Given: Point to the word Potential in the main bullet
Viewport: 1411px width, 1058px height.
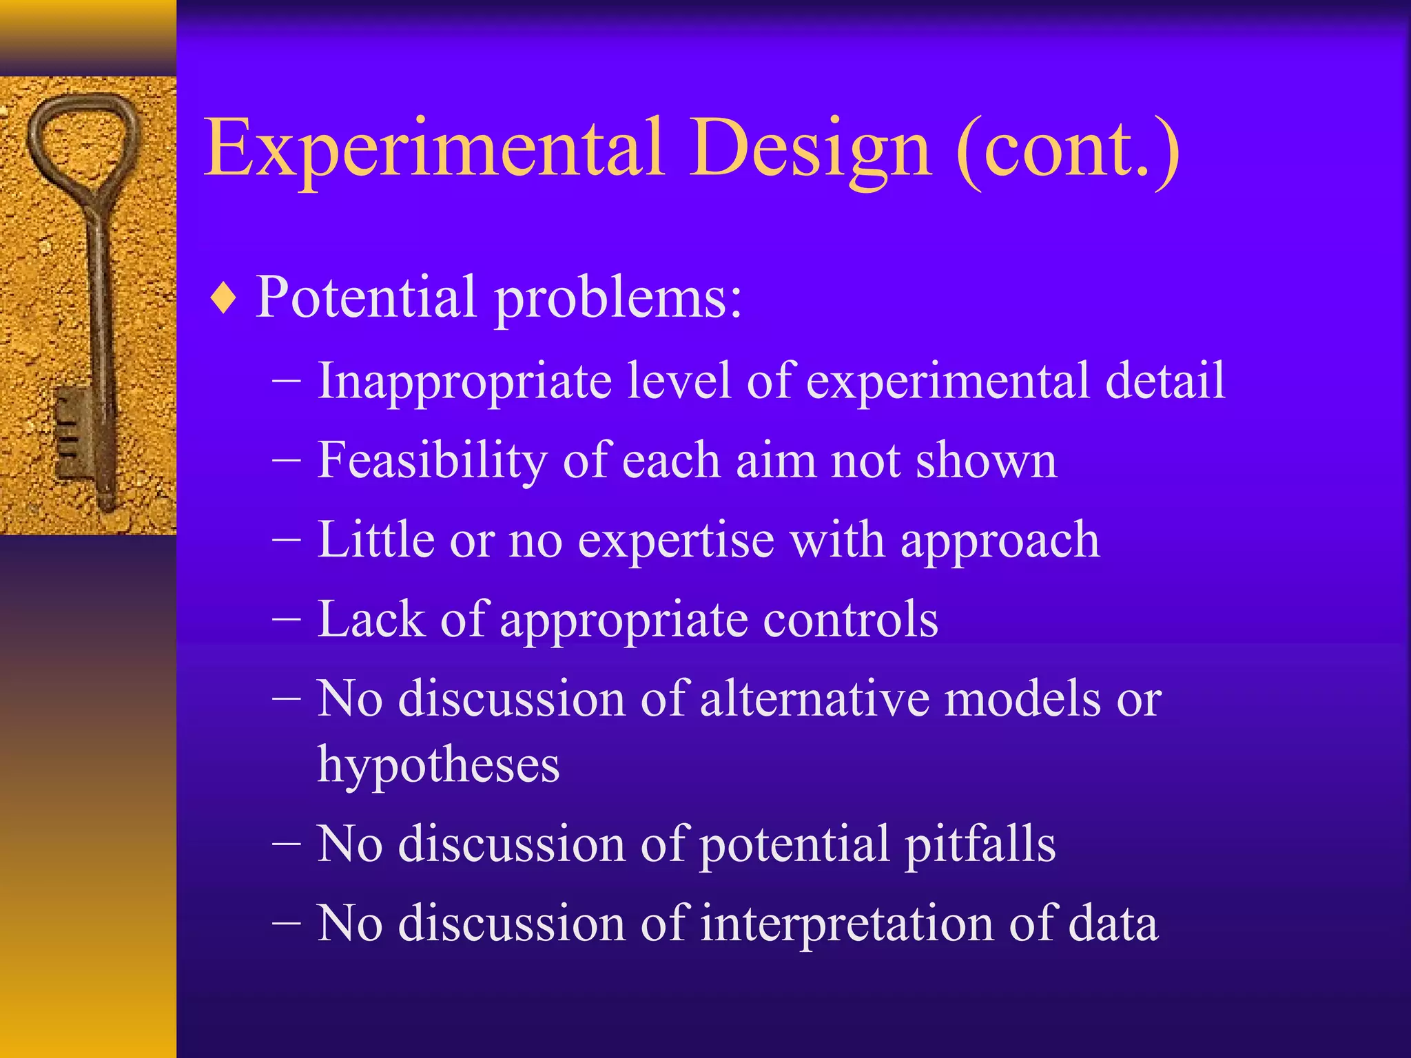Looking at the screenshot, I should pyautogui.click(x=366, y=298).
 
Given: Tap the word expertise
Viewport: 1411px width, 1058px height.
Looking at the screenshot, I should pyautogui.click(x=676, y=541).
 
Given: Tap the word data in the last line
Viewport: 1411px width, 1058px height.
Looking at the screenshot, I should pyautogui.click(x=1113, y=924).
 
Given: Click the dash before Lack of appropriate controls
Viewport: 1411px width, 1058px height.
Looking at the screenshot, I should pyautogui.click(x=287, y=618).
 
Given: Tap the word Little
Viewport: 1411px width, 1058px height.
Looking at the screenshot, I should pyautogui.click(x=375, y=539).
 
